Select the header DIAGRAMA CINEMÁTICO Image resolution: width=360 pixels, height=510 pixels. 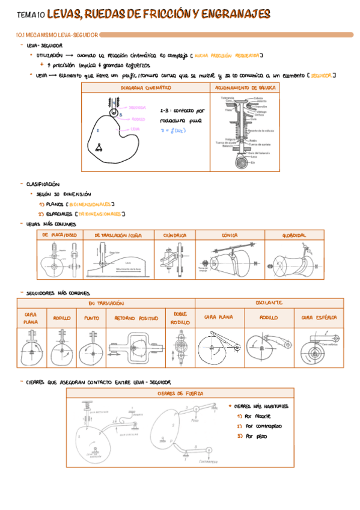145,87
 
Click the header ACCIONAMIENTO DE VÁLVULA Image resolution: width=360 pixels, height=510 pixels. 245,87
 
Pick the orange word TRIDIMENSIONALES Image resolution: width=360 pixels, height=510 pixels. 100,214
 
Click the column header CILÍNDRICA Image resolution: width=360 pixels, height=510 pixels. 174,235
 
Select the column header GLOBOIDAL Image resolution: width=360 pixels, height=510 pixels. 294,235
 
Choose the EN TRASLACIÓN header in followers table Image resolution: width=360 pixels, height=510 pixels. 106,303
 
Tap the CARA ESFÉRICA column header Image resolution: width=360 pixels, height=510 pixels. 319,316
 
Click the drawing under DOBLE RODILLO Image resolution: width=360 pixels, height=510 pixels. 180,348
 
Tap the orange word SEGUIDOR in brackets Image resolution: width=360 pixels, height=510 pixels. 319,76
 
